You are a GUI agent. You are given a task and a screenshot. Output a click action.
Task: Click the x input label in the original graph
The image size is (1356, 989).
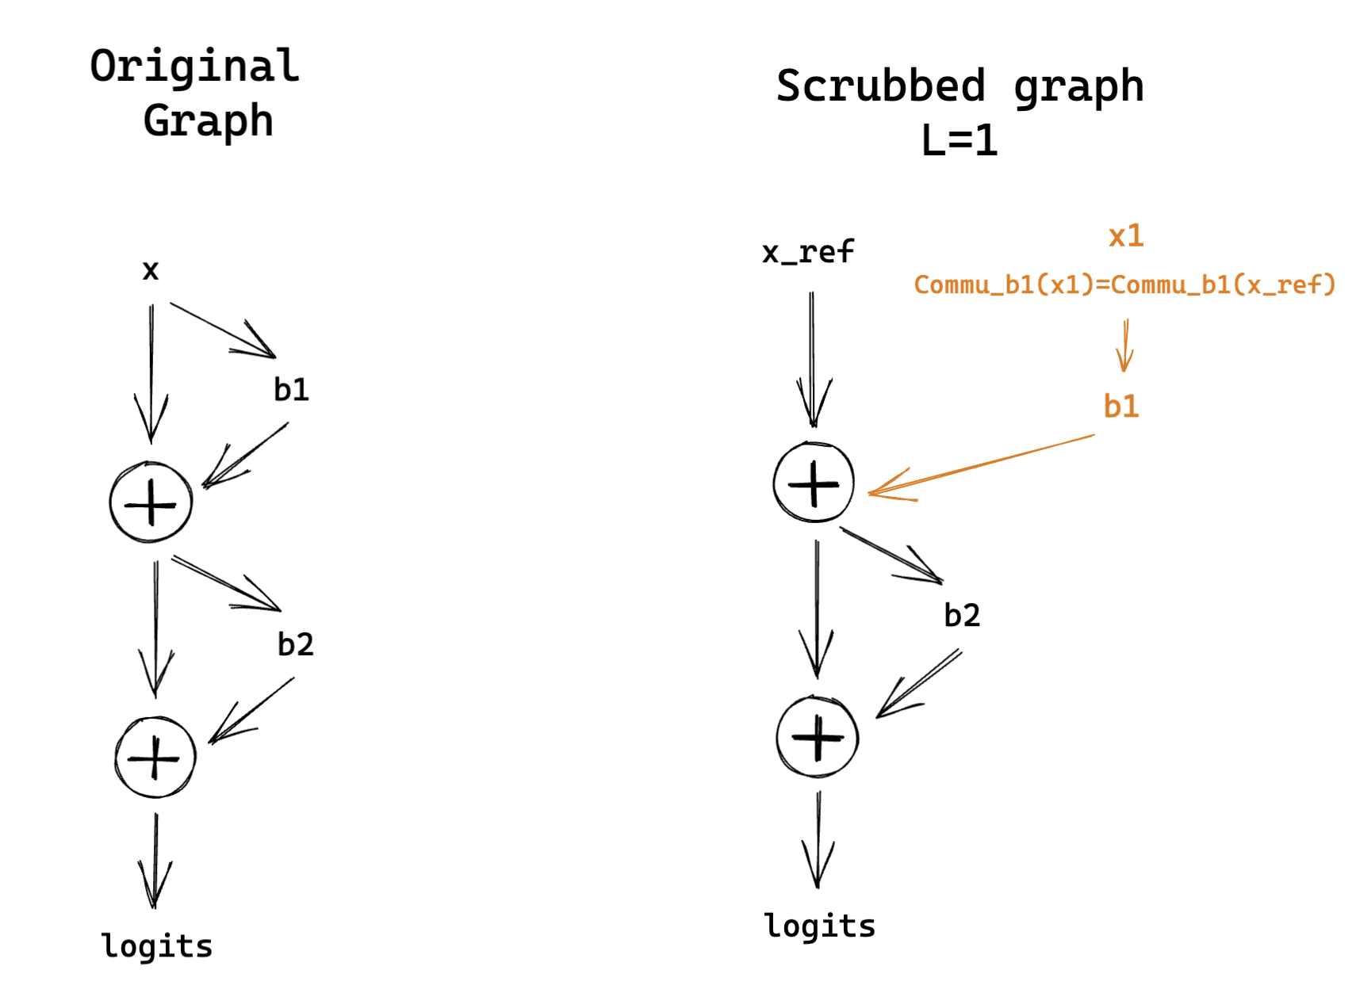tap(151, 271)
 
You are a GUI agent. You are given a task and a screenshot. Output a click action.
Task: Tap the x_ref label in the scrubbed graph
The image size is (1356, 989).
tap(807, 253)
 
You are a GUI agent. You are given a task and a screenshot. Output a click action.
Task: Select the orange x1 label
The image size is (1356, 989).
tap(1125, 236)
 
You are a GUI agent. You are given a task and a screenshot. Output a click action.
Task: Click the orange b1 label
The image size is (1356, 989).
tap(1120, 407)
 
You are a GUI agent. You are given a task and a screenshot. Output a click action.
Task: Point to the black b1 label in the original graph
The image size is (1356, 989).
tap(291, 390)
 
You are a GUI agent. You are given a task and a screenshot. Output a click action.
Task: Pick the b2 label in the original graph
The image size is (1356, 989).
tap(295, 644)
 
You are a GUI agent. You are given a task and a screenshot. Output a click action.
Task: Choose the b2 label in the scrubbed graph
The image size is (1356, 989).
tap(961, 616)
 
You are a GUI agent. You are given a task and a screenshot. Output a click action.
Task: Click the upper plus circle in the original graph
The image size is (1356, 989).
tap(151, 502)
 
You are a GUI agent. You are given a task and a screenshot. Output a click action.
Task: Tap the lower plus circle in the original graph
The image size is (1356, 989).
tap(155, 758)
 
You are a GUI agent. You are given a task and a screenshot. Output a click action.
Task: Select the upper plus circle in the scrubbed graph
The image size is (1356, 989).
tap(814, 482)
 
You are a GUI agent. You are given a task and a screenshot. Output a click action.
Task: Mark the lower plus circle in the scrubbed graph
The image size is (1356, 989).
tap(818, 737)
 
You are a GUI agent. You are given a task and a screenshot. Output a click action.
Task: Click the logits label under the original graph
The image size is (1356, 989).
tap(157, 946)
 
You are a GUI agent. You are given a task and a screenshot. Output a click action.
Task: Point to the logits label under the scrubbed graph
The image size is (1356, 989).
tap(819, 926)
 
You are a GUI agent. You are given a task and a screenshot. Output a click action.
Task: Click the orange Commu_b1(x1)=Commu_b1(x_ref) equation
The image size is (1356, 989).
tap(1124, 284)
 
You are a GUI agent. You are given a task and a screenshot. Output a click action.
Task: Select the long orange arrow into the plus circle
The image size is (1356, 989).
tap(983, 464)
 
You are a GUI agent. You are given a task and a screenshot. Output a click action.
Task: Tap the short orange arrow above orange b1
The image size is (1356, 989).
tap(1124, 346)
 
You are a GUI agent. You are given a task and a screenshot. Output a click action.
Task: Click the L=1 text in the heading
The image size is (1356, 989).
tap(959, 141)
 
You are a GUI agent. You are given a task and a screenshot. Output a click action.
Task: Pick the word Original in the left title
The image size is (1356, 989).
tap(194, 67)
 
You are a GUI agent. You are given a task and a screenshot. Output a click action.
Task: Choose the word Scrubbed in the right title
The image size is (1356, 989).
tap(880, 86)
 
